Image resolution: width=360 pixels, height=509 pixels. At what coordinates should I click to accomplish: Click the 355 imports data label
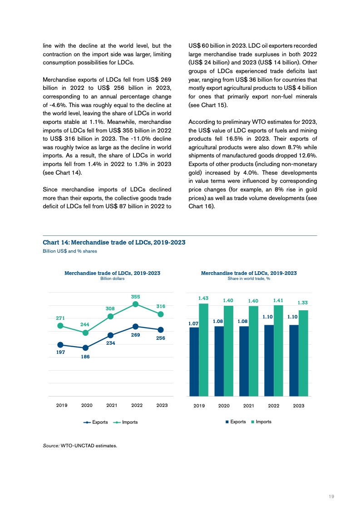pyautogui.click(x=136, y=296)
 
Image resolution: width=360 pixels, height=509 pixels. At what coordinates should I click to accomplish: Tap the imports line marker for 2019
pyautogui.click(x=60, y=325)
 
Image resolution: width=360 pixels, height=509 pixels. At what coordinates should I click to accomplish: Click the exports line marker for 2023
pyautogui.click(x=161, y=329)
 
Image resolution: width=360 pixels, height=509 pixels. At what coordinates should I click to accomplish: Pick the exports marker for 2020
pyautogui.click(x=85, y=348)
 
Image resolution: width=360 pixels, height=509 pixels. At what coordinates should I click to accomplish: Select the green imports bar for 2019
pyautogui.click(x=203, y=350)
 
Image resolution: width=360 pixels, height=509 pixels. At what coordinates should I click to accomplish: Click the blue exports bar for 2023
pyautogui.click(x=294, y=360)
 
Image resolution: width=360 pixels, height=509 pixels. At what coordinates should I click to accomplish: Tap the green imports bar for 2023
pyautogui.click(x=304, y=353)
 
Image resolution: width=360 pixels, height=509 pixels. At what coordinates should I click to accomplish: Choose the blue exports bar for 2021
pyautogui.click(x=244, y=361)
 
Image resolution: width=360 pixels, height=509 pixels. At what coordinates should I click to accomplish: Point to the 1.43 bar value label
pyautogui.click(x=203, y=298)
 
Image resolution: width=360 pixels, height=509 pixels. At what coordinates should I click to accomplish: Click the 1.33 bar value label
pyautogui.click(x=303, y=302)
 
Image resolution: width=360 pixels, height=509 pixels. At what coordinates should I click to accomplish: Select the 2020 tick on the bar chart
pyautogui.click(x=224, y=405)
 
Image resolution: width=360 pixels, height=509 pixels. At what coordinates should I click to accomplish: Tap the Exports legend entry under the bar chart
pyautogui.click(x=236, y=422)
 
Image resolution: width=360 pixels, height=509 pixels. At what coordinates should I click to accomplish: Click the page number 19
pyautogui.click(x=331, y=497)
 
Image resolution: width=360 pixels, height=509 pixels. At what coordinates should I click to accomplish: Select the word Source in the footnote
pyautogui.click(x=50, y=445)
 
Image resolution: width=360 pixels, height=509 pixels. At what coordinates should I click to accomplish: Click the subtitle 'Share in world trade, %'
pyautogui.click(x=249, y=279)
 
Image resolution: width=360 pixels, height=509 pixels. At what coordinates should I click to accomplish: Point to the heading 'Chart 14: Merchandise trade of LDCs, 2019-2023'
pyautogui.click(x=113, y=242)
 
